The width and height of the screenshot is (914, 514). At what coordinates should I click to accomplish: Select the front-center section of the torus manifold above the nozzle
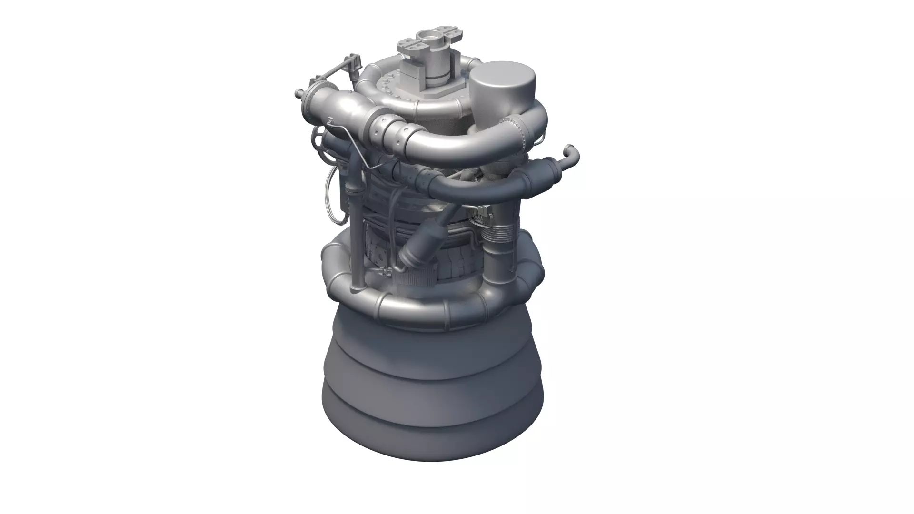[419, 305]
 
